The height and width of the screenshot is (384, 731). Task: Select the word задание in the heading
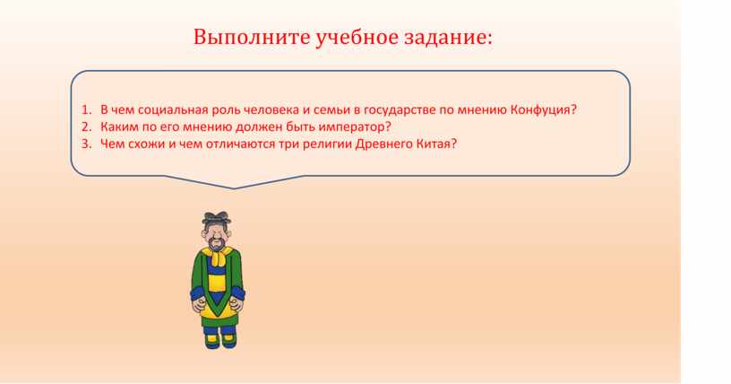pos(448,38)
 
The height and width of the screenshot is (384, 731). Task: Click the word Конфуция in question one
pos(544,110)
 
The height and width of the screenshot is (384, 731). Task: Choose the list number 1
pos(85,110)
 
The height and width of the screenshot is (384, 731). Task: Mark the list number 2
pos(86,127)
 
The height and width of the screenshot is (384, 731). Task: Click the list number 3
pos(86,144)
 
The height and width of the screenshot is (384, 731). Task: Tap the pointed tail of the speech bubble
pos(233,188)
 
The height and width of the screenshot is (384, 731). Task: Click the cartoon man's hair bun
pos(216,218)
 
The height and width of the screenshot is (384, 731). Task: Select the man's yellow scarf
pos(217,256)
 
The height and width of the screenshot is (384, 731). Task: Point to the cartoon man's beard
pos(216,243)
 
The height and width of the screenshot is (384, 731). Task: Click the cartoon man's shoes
pos(220,341)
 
